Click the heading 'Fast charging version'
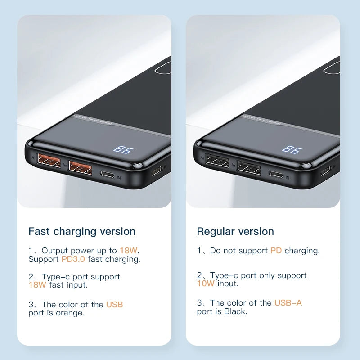coord(82,231)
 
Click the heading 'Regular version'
coord(235,231)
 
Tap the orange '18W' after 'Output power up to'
coord(127,251)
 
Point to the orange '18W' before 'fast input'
coord(37,284)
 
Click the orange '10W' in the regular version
coord(206,283)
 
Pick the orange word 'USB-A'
coord(288,303)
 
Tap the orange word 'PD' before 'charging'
coord(276,251)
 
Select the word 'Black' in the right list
coord(235,311)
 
